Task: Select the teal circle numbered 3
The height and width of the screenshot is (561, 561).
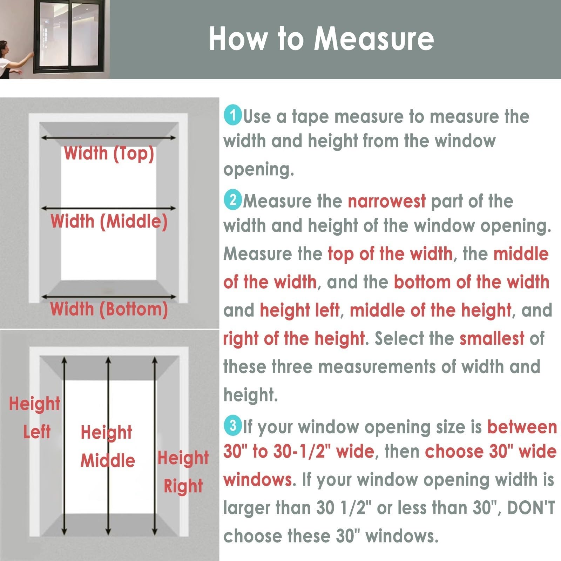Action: coord(233,425)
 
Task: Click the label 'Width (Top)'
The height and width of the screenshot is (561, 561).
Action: coord(109,154)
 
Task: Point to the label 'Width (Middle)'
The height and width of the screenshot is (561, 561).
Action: coord(109,222)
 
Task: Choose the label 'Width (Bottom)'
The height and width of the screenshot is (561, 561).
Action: coord(109,309)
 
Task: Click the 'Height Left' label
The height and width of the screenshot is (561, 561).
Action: coord(35,417)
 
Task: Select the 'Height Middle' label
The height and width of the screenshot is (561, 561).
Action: coord(108,446)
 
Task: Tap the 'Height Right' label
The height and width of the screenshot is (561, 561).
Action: coord(183,472)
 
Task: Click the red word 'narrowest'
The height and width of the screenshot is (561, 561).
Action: coord(387,201)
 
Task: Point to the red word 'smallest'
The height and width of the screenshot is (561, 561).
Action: coord(492,338)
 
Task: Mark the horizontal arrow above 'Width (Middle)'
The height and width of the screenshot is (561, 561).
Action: coord(109,208)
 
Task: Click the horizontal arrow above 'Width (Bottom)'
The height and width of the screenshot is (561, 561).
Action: coord(109,297)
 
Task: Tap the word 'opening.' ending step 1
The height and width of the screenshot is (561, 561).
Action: coord(259,170)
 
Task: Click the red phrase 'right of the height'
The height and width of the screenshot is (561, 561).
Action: coord(294,338)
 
